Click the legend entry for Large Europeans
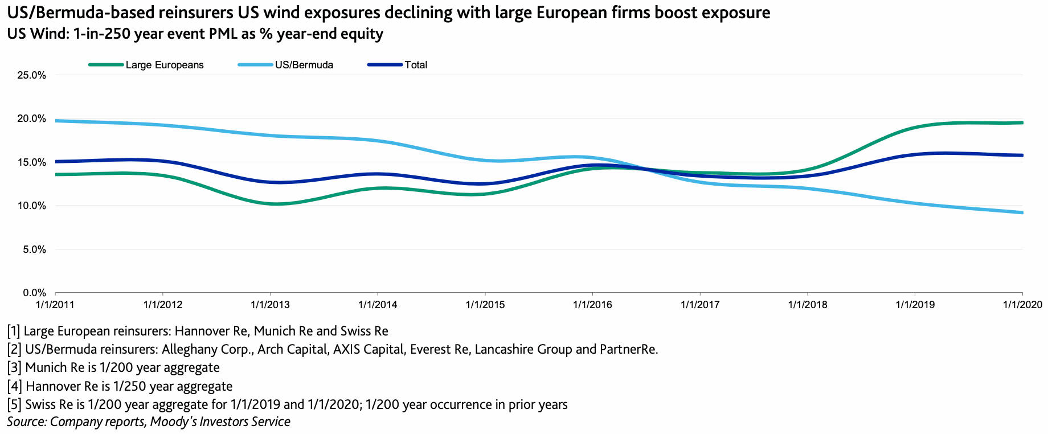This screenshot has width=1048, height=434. pos(164,65)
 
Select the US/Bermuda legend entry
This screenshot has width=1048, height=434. pos(304,65)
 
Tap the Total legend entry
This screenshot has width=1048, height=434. pos(416,65)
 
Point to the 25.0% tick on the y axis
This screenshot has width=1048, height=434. pos(32,75)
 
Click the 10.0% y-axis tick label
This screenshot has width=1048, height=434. pos(32,206)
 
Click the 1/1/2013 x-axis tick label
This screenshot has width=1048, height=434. pos(270,305)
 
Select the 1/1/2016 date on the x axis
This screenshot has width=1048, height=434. pos(592,305)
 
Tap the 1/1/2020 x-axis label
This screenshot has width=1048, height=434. pos(1022,305)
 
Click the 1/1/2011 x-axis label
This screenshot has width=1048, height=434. pos(55,305)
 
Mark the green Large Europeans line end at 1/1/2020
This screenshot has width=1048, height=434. pos(1022,122)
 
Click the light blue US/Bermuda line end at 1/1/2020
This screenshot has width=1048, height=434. pos(1022,212)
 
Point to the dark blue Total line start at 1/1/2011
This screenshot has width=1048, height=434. pos(56,162)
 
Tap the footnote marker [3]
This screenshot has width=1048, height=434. pos(14,368)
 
